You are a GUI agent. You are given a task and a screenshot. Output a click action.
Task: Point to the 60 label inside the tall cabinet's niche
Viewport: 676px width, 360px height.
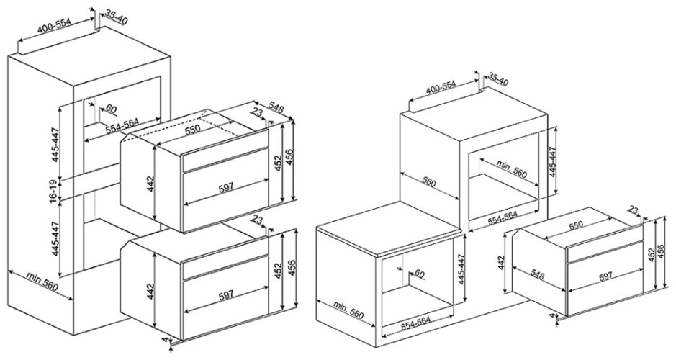click(x=111, y=109)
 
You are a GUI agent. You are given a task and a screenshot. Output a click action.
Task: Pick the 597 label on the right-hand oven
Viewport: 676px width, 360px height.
click(x=605, y=276)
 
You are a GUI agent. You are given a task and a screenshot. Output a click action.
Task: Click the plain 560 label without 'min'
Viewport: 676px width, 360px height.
click(x=429, y=182)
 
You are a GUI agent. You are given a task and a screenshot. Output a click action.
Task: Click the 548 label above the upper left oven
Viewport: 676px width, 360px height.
click(x=276, y=107)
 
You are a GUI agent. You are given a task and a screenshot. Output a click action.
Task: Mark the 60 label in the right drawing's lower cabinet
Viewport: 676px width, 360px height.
click(x=420, y=274)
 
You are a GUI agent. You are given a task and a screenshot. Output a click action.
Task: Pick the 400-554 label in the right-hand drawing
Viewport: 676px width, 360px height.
click(x=441, y=88)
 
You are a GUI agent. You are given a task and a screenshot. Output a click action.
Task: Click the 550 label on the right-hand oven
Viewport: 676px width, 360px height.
click(x=575, y=225)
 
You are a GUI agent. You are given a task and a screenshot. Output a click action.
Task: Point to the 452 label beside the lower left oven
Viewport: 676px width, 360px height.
click(x=278, y=270)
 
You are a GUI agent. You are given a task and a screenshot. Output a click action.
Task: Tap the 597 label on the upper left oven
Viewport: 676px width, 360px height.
click(x=226, y=186)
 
